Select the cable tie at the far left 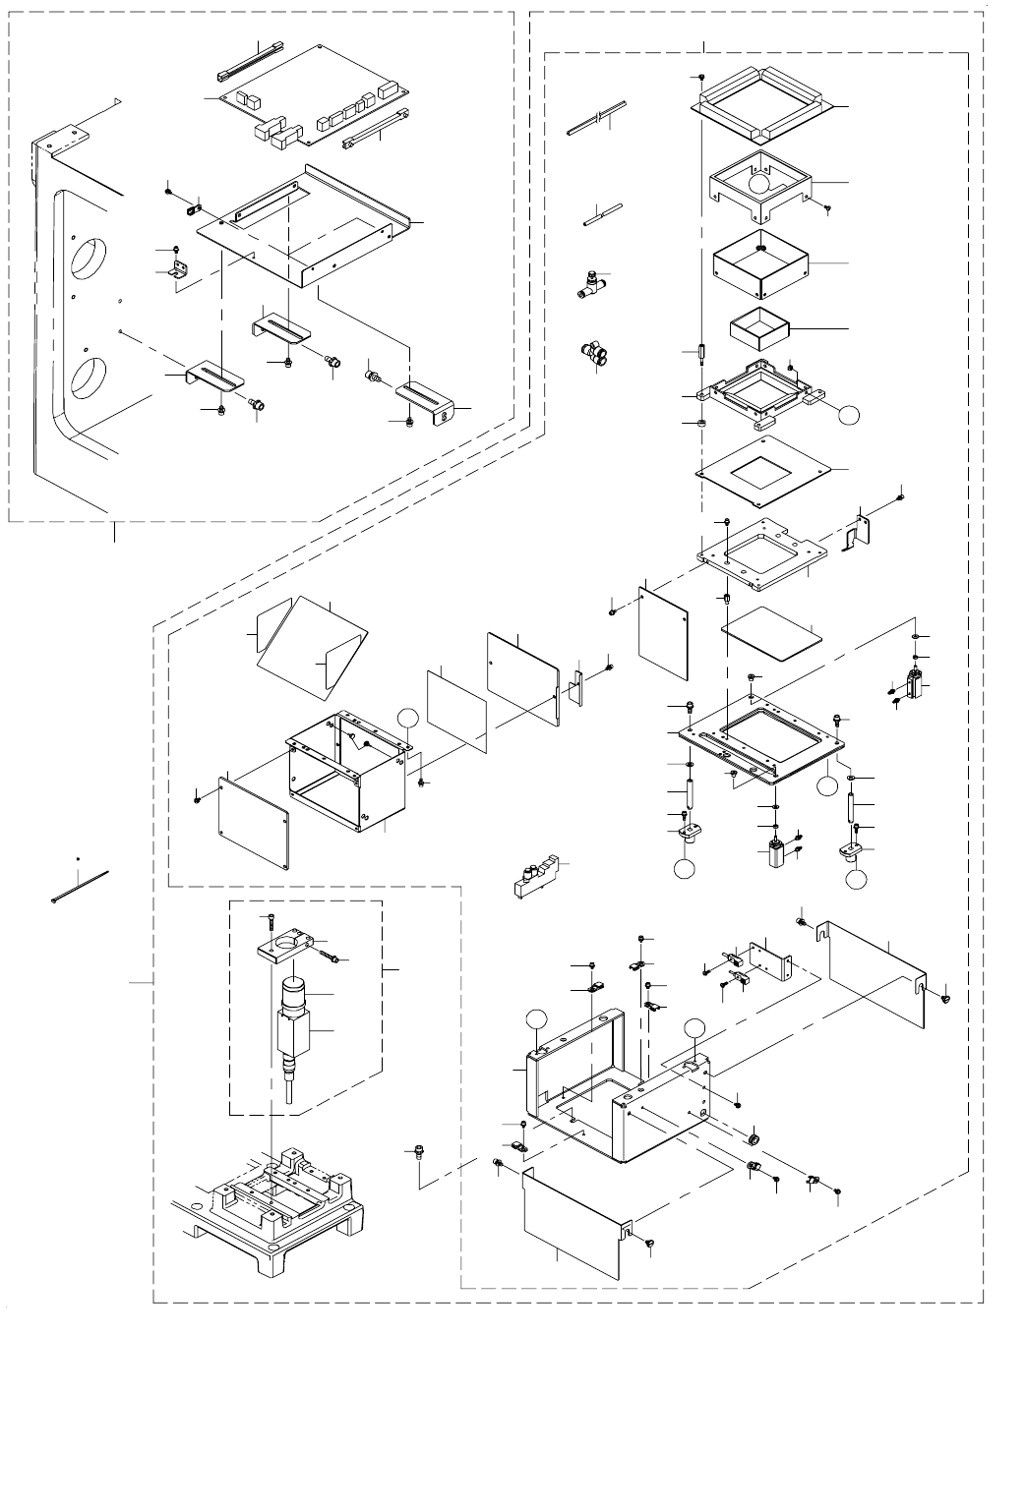pos(79,886)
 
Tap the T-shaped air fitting pos(592,285)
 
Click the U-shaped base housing pos(620,1081)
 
